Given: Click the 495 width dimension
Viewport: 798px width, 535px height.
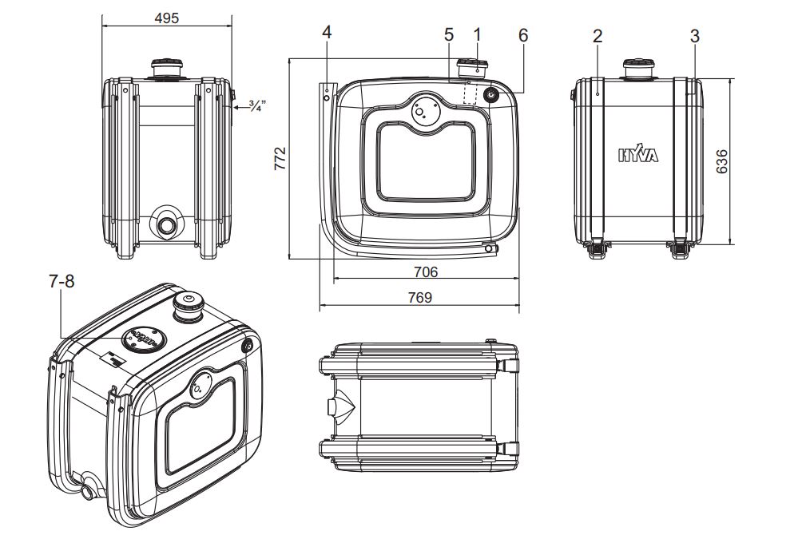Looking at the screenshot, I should point(167,18).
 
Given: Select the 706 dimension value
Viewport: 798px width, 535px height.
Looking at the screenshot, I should point(426,271).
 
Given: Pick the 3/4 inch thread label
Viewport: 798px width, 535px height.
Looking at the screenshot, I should point(256,105).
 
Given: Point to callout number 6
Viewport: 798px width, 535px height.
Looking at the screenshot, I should point(522,34).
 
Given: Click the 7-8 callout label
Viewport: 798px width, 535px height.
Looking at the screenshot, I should point(62,282).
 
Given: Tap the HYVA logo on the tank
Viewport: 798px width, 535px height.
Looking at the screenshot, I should point(638,156).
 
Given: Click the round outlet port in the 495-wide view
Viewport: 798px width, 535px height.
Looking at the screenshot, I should point(167,224).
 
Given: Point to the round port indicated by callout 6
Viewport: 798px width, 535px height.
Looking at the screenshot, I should point(490,95).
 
